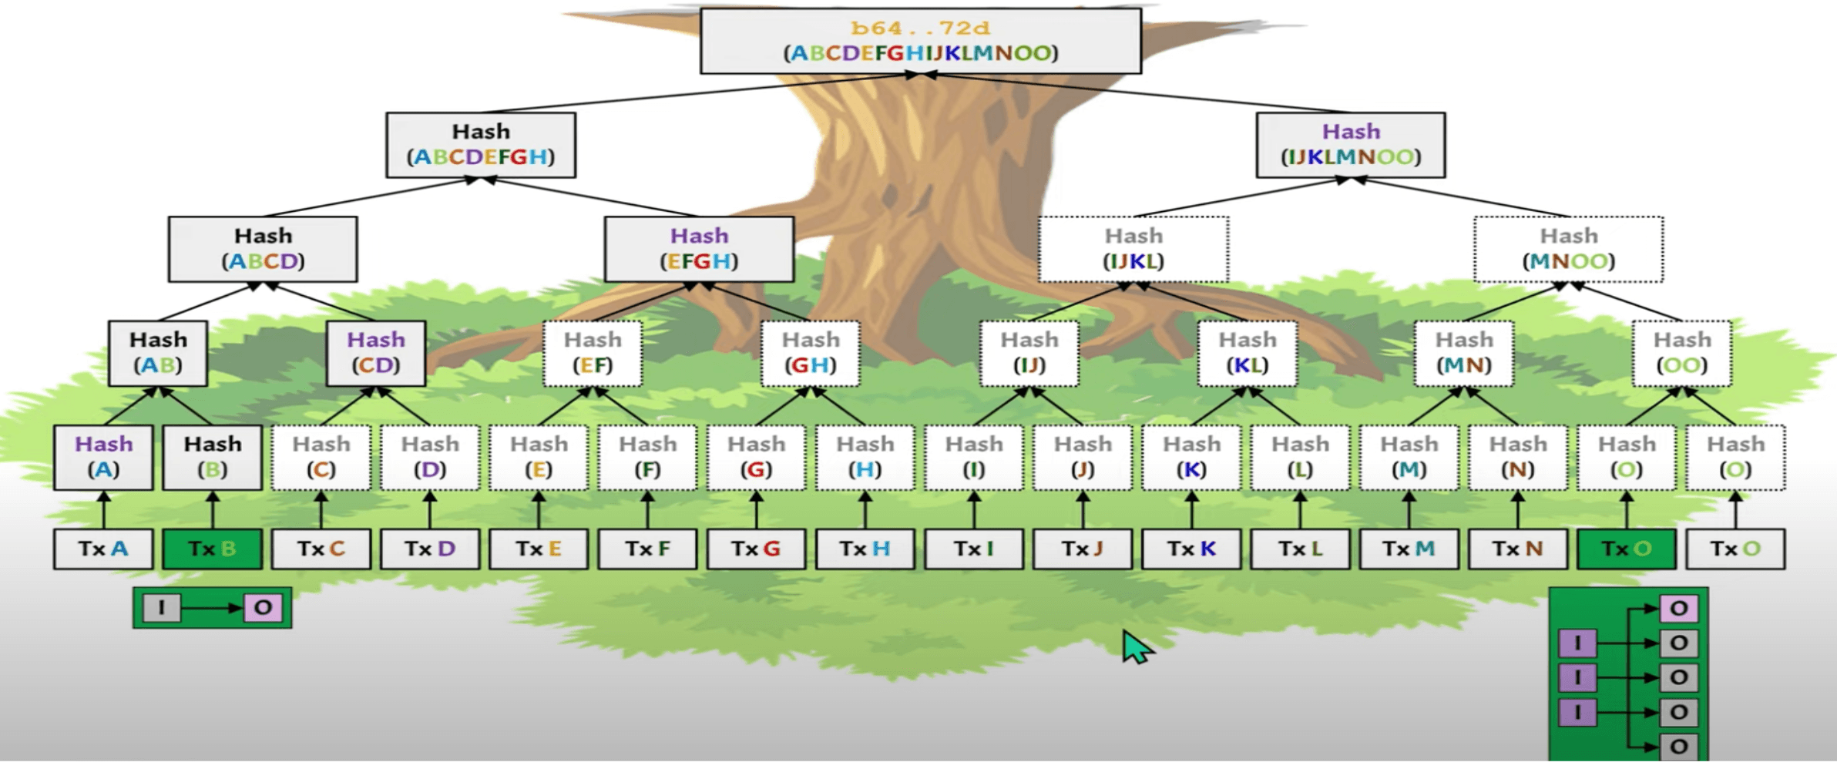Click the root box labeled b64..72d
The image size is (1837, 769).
pyautogui.click(x=921, y=41)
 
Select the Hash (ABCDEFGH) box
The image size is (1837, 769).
pyautogui.click(x=481, y=145)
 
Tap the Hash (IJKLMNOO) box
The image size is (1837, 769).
pyautogui.click(x=1351, y=145)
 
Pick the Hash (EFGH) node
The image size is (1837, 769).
pyautogui.click(x=699, y=249)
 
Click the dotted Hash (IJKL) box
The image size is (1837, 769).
pyautogui.click(x=1133, y=249)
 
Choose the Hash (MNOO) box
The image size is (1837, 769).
pyautogui.click(x=1568, y=249)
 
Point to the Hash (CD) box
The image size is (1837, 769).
pyautogui.click(x=376, y=353)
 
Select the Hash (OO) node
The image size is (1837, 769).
pyautogui.click(x=1682, y=353)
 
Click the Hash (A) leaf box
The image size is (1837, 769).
pyautogui.click(x=103, y=457)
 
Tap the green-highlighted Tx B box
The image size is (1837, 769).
pyautogui.click(x=212, y=549)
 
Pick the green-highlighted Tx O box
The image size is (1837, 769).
pyautogui.click(x=1627, y=549)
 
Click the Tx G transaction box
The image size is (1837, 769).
pyautogui.click(x=756, y=549)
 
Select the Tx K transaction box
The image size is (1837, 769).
pyautogui.click(x=1191, y=549)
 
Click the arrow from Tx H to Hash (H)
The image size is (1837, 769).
pyautogui.click(x=865, y=509)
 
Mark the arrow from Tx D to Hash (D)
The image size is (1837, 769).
pyautogui.click(x=430, y=509)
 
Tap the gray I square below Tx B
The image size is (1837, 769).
pyautogui.click(x=161, y=608)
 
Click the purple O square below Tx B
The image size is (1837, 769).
pyautogui.click(x=263, y=608)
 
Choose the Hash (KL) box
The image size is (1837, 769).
pyautogui.click(x=1248, y=353)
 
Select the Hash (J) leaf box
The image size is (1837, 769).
pyautogui.click(x=1083, y=457)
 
